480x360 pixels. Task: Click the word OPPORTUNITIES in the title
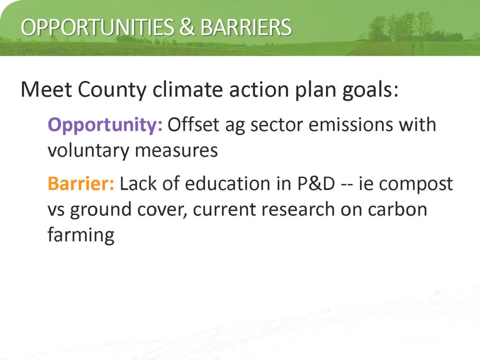click(x=97, y=27)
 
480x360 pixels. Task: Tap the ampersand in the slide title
click(x=187, y=27)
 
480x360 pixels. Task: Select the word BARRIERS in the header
click(x=246, y=27)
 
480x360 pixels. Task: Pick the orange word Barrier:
click(x=81, y=183)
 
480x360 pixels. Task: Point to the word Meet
click(x=46, y=90)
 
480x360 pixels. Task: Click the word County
click(x=112, y=91)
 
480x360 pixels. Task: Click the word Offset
click(x=193, y=125)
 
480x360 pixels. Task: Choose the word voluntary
click(x=88, y=151)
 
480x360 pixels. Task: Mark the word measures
click(x=176, y=151)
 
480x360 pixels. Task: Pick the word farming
click(x=81, y=235)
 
